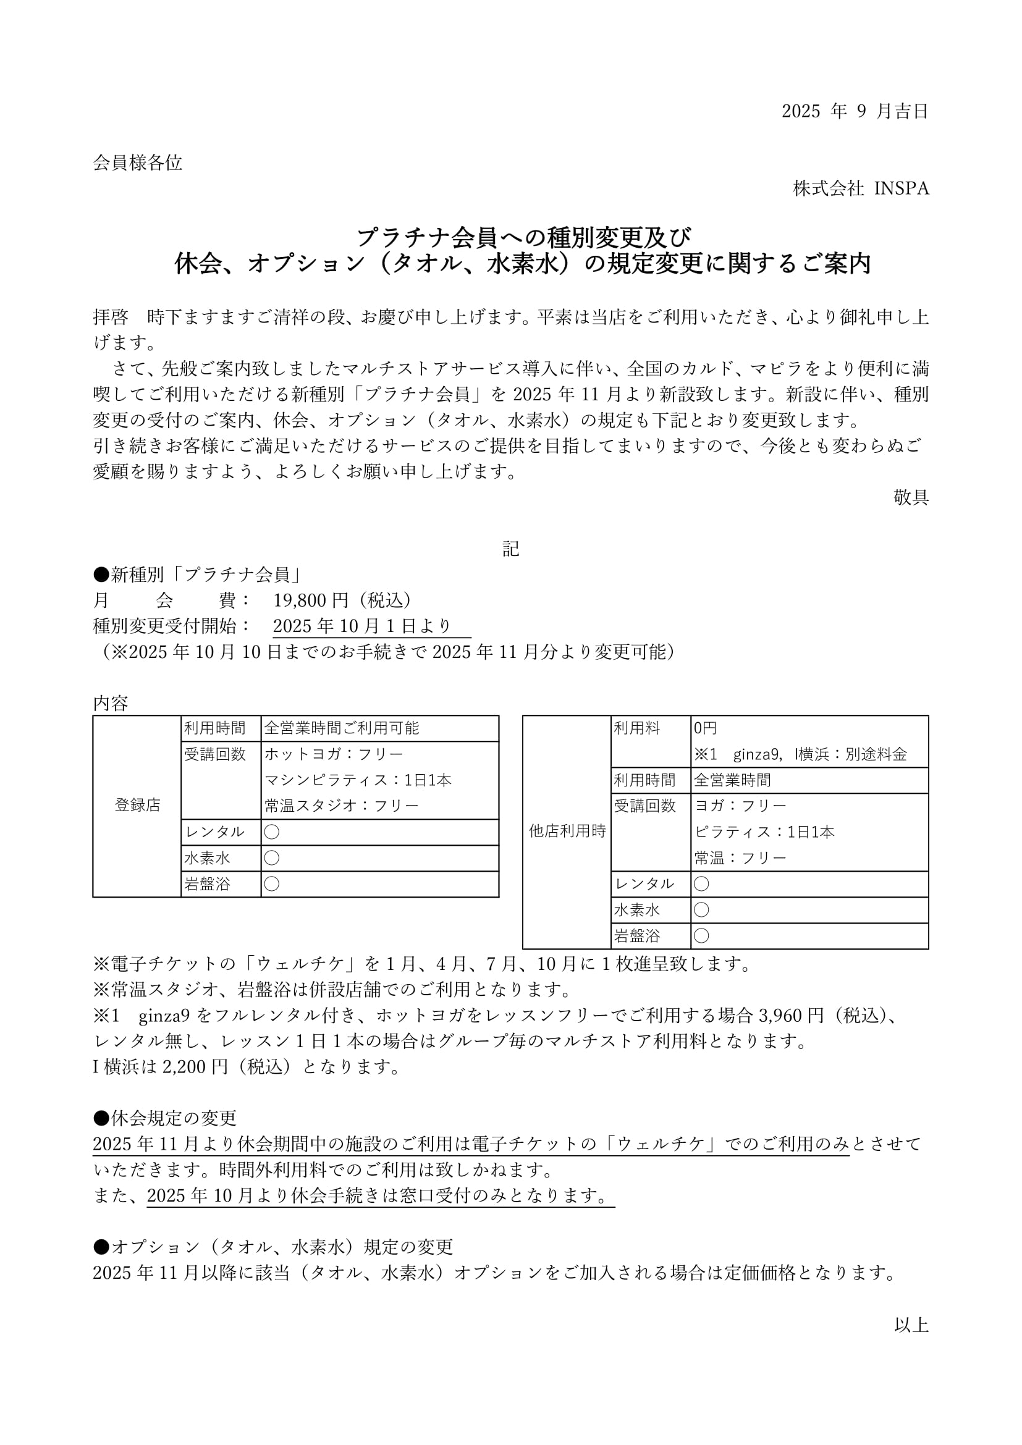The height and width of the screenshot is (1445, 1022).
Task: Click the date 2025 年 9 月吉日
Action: tap(855, 111)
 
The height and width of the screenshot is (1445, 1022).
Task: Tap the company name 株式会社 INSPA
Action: tap(860, 189)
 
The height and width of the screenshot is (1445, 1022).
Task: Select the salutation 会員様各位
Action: tap(137, 163)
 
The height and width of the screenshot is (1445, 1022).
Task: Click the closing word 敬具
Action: tap(911, 498)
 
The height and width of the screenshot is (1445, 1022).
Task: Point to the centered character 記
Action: tap(510, 549)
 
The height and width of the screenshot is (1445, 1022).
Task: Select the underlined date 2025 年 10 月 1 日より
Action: tap(363, 626)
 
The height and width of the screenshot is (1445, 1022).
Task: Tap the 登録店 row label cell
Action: tap(137, 805)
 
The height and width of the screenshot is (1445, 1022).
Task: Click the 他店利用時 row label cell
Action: tap(567, 832)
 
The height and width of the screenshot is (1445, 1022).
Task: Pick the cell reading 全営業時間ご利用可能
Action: tap(342, 728)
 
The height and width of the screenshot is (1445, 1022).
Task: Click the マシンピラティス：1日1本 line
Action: tap(357, 780)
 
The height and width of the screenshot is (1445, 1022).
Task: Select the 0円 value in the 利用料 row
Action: tap(705, 728)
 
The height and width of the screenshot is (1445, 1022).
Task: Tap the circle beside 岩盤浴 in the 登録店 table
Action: tap(272, 884)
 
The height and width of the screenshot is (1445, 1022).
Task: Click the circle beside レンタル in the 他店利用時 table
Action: tap(701, 884)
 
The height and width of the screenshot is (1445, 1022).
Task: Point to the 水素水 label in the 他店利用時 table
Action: tap(637, 910)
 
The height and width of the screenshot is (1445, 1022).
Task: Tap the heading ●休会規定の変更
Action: tap(165, 1118)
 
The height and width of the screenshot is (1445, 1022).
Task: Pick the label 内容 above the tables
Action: tap(111, 704)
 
